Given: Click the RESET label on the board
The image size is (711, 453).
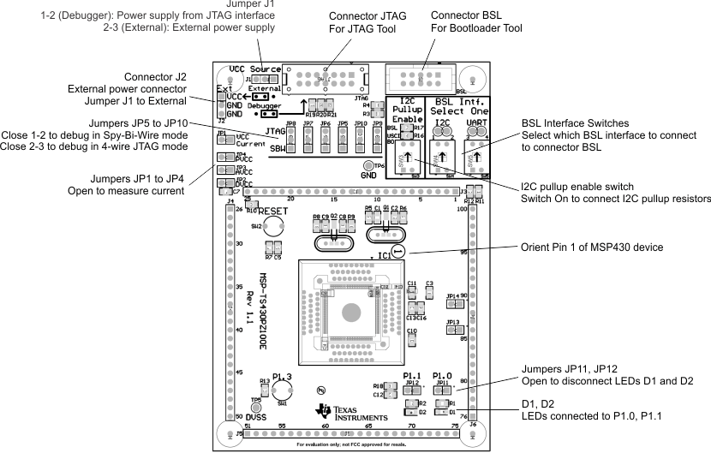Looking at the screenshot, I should tap(273, 210).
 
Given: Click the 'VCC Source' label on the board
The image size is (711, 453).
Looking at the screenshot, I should tap(254, 69).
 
